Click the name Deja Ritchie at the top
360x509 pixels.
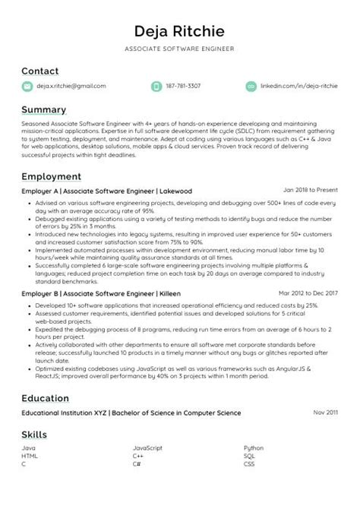click(x=180, y=32)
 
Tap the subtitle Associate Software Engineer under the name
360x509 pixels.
click(x=180, y=49)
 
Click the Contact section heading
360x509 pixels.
click(x=39, y=71)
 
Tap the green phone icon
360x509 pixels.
click(x=156, y=87)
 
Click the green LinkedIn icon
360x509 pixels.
click(x=251, y=87)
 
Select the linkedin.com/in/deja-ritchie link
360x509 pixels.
click(x=298, y=87)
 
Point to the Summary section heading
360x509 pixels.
click(x=43, y=110)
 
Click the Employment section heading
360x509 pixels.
click(x=51, y=176)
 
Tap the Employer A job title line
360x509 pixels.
click(x=106, y=191)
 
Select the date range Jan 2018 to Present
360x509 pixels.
click(x=311, y=190)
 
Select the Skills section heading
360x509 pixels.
click(x=33, y=435)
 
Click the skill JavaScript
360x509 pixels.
click(x=148, y=449)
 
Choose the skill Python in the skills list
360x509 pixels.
click(x=254, y=449)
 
